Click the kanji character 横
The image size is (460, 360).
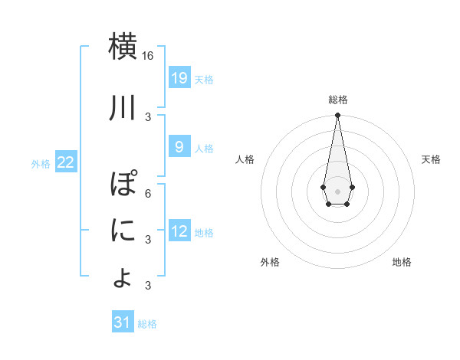(x=123, y=47)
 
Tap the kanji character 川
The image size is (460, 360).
(x=123, y=109)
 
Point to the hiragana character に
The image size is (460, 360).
(x=123, y=231)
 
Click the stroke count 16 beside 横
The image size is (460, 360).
(x=148, y=56)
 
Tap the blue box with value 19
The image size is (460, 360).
(x=179, y=78)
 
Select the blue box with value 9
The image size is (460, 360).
(x=179, y=147)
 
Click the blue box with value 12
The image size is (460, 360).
(x=179, y=231)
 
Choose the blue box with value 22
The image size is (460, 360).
(x=65, y=162)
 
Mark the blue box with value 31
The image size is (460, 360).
(x=123, y=322)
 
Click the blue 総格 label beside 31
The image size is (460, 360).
(x=147, y=324)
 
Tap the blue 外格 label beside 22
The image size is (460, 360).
(x=41, y=163)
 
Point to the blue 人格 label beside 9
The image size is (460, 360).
(x=204, y=148)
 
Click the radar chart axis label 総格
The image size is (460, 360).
(x=338, y=100)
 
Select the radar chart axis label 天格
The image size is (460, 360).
(x=432, y=159)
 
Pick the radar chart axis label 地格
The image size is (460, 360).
(x=402, y=262)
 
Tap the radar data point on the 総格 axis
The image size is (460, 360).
(x=337, y=116)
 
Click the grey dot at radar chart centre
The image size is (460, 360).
(x=337, y=190)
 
